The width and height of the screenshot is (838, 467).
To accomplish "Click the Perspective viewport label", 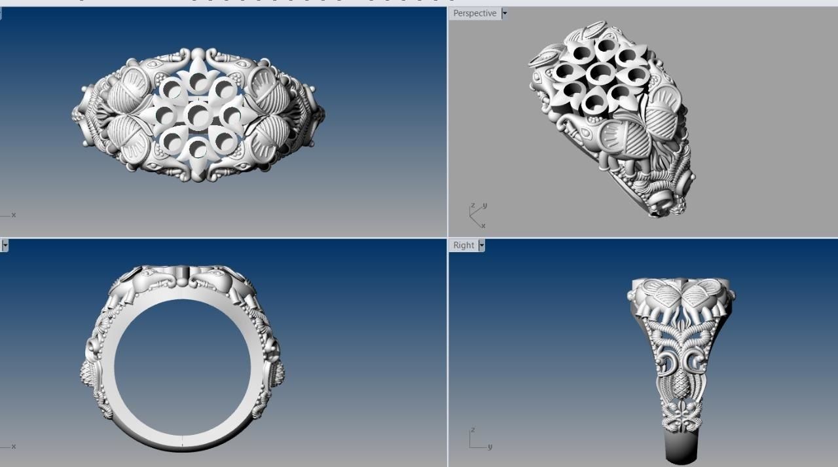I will (x=475, y=13).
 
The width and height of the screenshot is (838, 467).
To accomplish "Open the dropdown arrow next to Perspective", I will (x=504, y=13).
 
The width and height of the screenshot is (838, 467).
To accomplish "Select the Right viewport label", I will (x=464, y=245).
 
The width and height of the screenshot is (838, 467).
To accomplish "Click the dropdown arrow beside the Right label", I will (x=482, y=245).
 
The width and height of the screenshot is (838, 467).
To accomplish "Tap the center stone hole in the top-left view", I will (x=198, y=115).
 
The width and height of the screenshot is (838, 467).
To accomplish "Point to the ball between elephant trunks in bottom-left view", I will (x=182, y=282).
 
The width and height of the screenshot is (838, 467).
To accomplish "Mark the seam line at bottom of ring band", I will (x=182, y=442).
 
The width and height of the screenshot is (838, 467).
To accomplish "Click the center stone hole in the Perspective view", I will (x=600, y=73).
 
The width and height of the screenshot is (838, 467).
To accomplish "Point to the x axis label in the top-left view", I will (x=13, y=215).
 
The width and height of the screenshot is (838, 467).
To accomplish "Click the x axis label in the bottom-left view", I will (x=13, y=447).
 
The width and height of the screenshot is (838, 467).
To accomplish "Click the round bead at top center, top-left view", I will (x=198, y=54).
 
